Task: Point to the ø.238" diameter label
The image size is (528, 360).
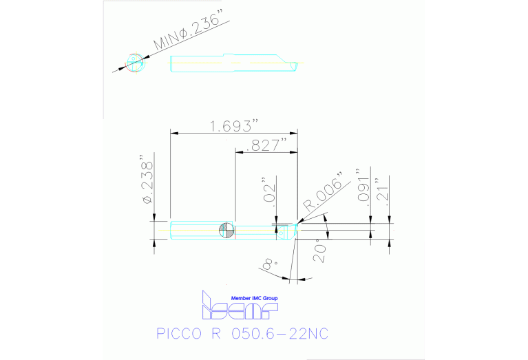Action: point(147,179)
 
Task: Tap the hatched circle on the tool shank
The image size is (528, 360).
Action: point(226,230)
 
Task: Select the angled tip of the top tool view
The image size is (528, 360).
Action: point(295,65)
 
